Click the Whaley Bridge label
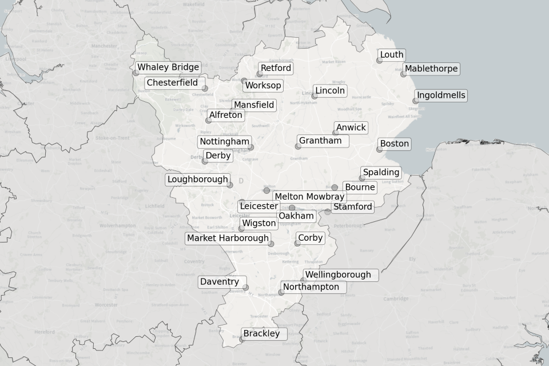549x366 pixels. [x=168, y=67]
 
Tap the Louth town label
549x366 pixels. [x=392, y=55]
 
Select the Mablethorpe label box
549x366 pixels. [x=431, y=69]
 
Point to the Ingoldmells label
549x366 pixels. [x=441, y=96]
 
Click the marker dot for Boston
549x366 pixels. [x=379, y=149]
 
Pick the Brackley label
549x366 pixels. [x=261, y=334]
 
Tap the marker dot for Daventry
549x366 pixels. [x=246, y=288]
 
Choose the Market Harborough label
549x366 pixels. [x=228, y=238]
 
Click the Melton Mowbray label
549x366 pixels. [x=309, y=197]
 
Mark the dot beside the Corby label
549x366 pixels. [x=297, y=244]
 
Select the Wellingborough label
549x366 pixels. [x=337, y=275]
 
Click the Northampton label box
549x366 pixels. [x=311, y=287]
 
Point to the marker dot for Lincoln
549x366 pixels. [x=314, y=96]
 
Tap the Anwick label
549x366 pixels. [x=351, y=128]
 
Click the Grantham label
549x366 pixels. [x=320, y=141]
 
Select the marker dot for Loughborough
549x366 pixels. [x=230, y=185]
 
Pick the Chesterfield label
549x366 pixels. [x=172, y=83]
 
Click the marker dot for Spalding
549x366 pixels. [x=362, y=178]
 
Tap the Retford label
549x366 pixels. [x=276, y=68]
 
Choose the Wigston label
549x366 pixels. [x=258, y=223]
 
